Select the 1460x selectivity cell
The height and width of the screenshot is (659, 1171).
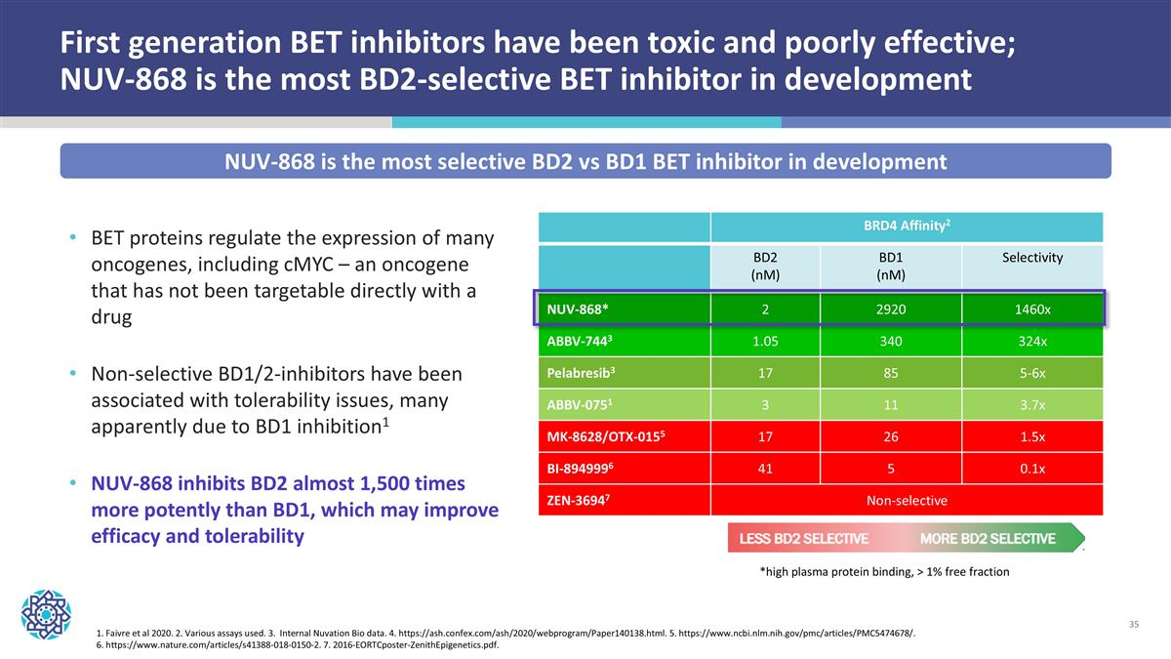(x=1031, y=309)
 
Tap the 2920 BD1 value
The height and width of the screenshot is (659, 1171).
(x=890, y=309)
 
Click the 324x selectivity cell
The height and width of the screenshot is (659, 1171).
(x=1031, y=342)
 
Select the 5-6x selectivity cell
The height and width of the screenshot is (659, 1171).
(x=1031, y=373)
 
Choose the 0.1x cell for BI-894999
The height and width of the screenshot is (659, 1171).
(x=1031, y=469)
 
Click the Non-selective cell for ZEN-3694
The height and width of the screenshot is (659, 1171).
(x=907, y=500)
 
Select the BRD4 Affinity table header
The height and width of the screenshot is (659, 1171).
(x=907, y=227)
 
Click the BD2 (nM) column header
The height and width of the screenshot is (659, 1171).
(x=765, y=266)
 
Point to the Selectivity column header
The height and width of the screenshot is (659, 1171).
(x=1031, y=258)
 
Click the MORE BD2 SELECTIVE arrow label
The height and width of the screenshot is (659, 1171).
(x=988, y=539)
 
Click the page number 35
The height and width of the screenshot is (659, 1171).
(x=1134, y=624)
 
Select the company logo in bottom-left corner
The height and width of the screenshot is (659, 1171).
(x=46, y=613)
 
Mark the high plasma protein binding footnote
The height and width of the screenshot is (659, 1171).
(x=884, y=572)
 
